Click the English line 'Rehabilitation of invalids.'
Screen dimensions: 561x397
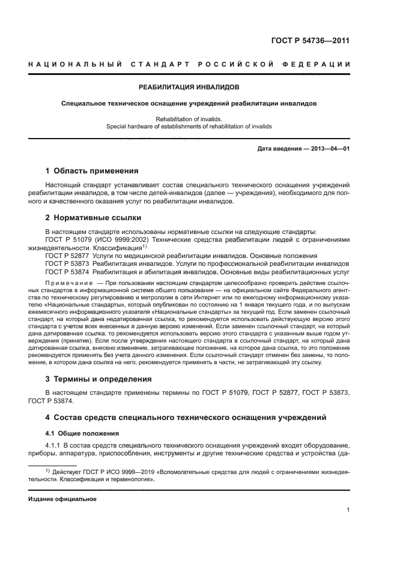(189, 119)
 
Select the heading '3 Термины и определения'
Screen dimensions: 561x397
(98, 379)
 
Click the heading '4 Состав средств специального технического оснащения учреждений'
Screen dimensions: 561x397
(186, 417)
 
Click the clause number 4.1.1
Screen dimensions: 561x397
(54, 445)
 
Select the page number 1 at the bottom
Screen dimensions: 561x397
(348, 510)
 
